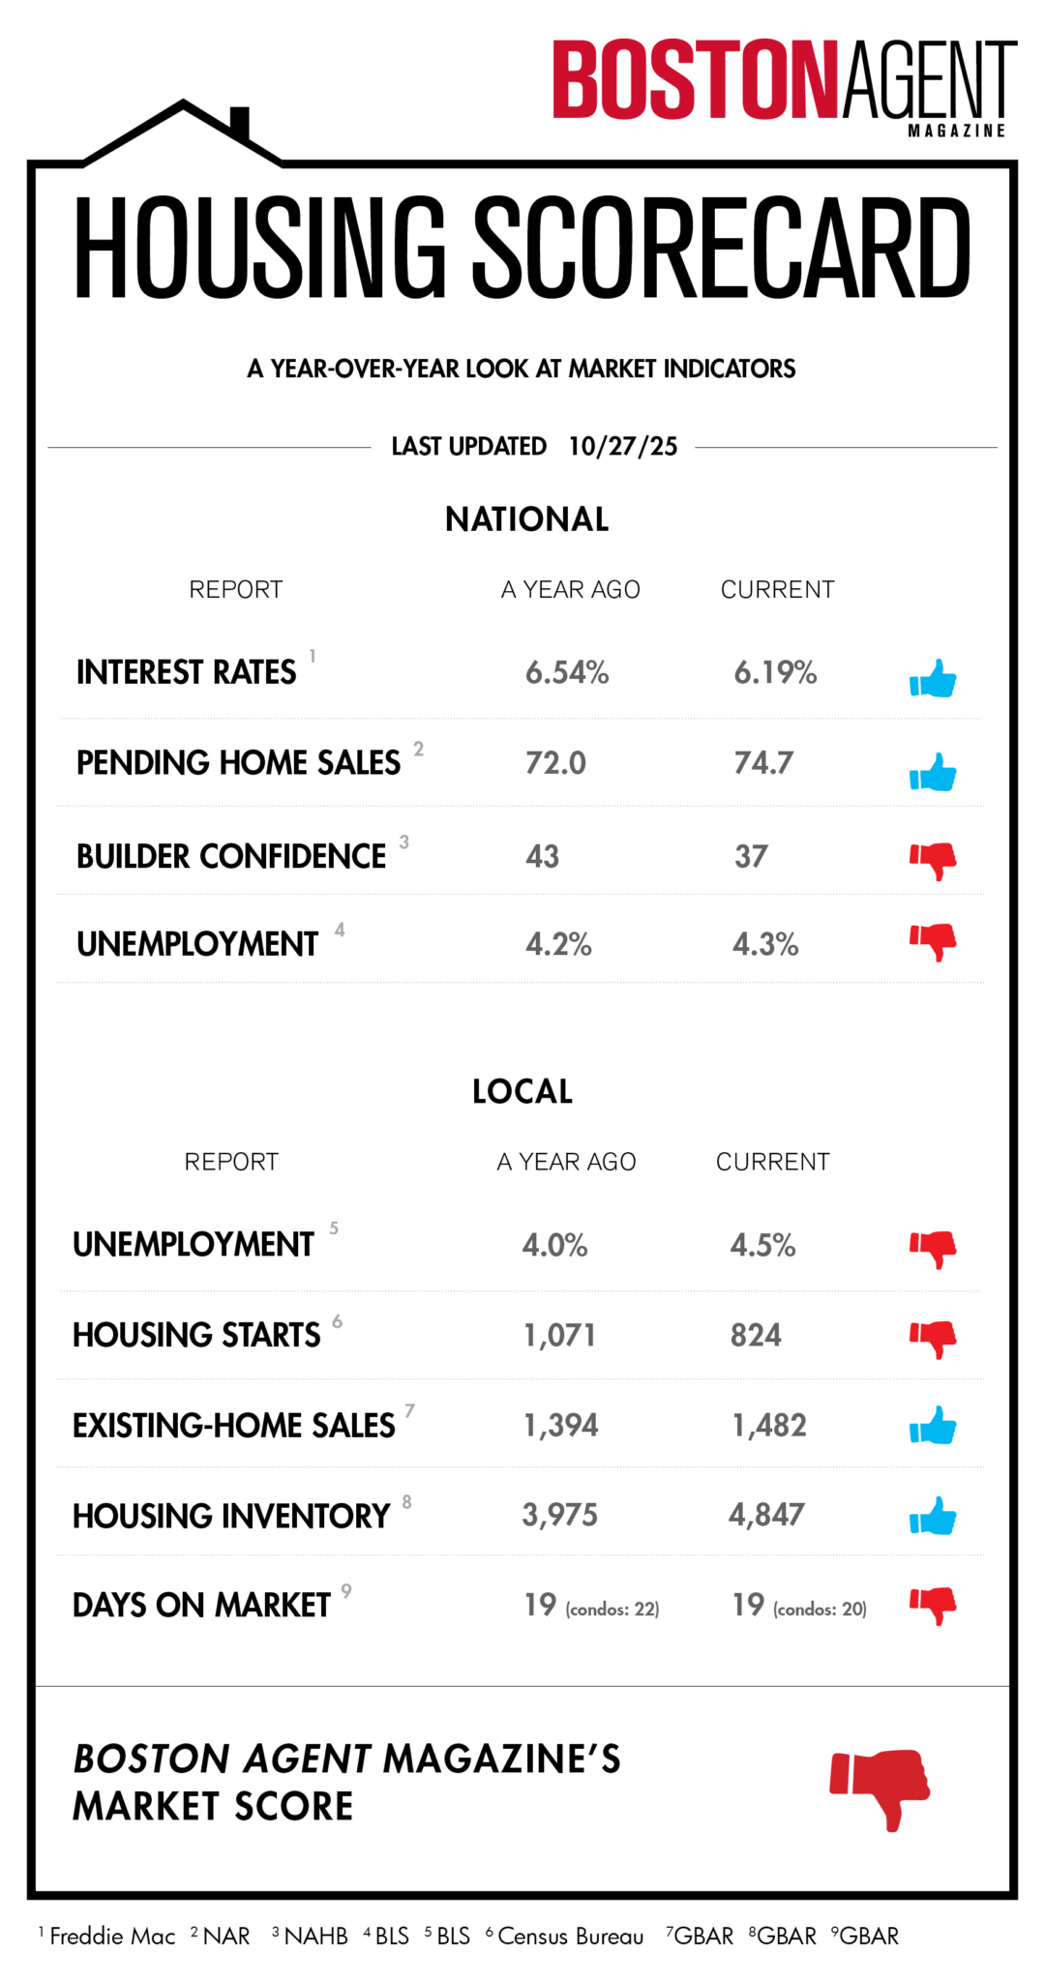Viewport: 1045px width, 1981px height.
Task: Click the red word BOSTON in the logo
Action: (x=694, y=80)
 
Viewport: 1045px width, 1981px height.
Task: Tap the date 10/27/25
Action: (x=622, y=446)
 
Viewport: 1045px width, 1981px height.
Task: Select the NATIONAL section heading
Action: (x=526, y=519)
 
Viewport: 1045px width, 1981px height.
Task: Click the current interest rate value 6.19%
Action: (x=775, y=672)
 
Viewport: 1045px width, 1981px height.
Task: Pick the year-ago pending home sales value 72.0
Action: (x=555, y=763)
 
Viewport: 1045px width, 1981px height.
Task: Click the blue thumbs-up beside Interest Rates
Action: (x=933, y=679)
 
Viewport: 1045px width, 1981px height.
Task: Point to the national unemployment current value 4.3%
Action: (x=764, y=944)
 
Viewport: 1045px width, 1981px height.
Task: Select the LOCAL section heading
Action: (x=522, y=1092)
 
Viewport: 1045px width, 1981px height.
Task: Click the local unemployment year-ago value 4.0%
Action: (x=554, y=1245)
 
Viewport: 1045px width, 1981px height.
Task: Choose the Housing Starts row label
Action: (x=196, y=1335)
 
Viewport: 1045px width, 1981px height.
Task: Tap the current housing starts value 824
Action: (x=756, y=1335)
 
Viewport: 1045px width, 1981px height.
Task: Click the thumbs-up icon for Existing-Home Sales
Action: (x=933, y=1426)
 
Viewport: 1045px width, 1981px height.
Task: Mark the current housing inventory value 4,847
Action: (x=766, y=1515)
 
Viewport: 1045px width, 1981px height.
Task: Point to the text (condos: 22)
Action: (x=612, y=1610)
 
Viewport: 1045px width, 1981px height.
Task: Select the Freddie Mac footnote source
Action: (x=112, y=1937)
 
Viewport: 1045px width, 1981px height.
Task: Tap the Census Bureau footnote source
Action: (x=570, y=1937)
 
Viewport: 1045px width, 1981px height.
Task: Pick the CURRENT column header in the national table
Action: (x=777, y=590)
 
